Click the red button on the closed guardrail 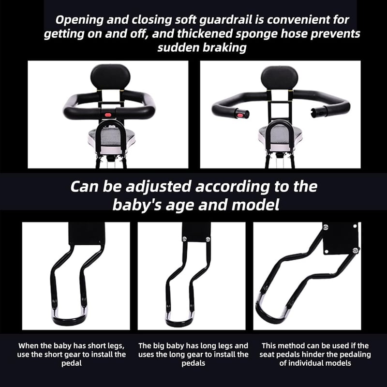point(108,115)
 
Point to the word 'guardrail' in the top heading point(225,20)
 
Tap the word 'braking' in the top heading point(224,47)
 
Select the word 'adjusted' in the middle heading point(159,186)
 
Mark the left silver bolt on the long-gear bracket point(184,239)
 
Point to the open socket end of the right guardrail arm point(313,113)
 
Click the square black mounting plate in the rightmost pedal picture point(341,238)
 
